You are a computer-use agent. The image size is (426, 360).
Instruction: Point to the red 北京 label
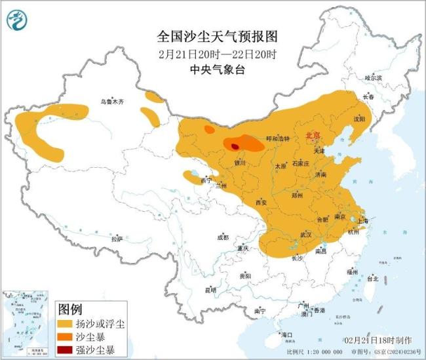[x=313, y=135]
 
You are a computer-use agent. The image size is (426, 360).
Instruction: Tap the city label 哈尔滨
[x=373, y=77]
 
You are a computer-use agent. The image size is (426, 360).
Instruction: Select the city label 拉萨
[x=117, y=239]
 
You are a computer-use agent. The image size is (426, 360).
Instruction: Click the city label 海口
[x=286, y=335]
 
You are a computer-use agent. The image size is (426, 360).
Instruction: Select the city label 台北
[x=372, y=278]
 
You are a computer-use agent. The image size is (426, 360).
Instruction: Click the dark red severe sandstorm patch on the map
[x=235, y=147]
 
